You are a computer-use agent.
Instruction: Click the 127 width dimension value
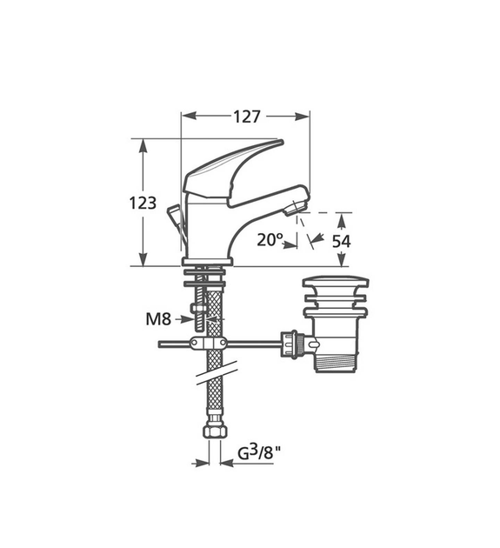[x=247, y=115]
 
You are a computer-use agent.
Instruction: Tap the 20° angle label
[x=270, y=239]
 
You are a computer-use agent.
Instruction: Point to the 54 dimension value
[x=342, y=241]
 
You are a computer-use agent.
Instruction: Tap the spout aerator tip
[x=297, y=206]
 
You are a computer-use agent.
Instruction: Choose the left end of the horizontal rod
[x=162, y=344]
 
